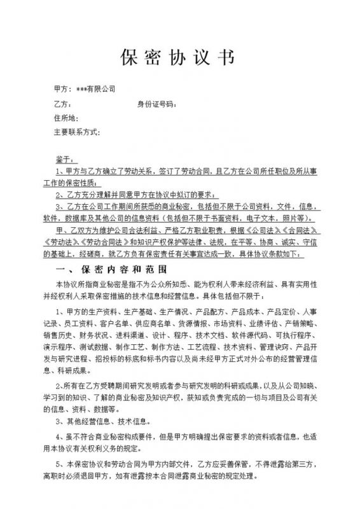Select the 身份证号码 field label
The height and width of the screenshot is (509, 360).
point(155,104)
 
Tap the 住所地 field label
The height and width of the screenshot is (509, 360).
point(67,118)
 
